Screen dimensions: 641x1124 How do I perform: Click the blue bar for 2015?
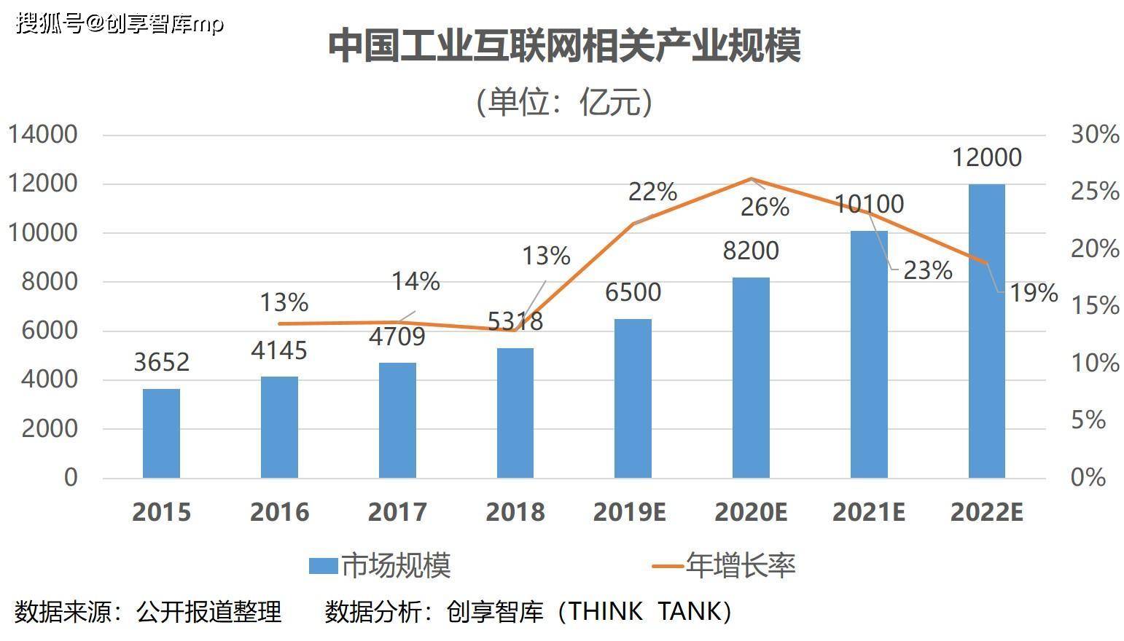point(161,433)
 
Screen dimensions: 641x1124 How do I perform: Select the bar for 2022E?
point(986,331)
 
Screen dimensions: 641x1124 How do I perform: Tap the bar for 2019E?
point(633,398)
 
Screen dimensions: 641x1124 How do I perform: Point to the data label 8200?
point(751,251)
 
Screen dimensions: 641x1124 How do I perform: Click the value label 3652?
point(161,362)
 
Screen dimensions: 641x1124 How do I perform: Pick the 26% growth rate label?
point(765,208)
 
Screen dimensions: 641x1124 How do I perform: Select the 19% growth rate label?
point(1034,293)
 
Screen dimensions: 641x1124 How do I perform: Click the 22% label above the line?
point(652,192)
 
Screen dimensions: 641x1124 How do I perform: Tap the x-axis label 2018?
point(515,512)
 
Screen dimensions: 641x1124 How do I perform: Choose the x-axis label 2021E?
point(868,512)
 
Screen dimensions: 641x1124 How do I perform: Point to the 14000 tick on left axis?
point(42,135)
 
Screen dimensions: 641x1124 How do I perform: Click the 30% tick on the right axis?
point(1094,135)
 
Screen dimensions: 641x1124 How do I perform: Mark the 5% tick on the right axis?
point(1088,420)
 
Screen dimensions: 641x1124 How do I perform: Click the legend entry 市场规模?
point(380,566)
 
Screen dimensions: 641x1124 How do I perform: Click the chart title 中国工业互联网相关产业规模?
point(564,46)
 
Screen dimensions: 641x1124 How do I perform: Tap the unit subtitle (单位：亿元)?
point(563,101)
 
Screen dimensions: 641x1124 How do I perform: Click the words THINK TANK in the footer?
point(644,611)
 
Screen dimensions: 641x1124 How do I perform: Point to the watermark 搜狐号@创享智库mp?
point(120,23)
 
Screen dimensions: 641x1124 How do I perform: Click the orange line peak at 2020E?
point(751,178)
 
